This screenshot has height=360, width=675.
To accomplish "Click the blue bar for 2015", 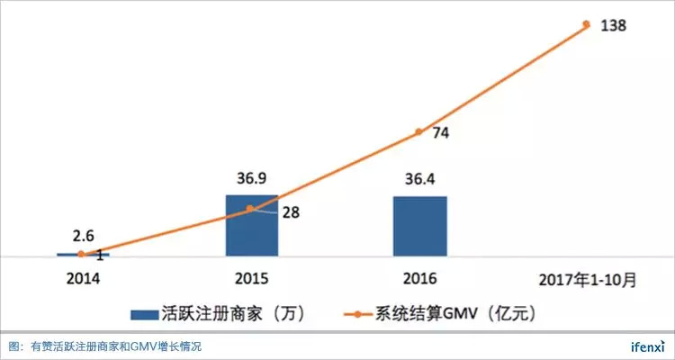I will pos(251,227).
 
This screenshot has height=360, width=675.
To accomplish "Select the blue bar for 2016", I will pos(419,227).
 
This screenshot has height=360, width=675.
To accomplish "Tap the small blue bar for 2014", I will pos(82,256).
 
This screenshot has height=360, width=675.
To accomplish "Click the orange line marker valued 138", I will pos(586,24).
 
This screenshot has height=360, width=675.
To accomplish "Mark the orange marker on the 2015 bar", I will pos(251,209).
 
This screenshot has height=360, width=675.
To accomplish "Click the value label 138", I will pos(614,25).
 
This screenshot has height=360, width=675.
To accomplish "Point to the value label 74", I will pos(441,133).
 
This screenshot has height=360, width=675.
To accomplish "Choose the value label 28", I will pos(292,213).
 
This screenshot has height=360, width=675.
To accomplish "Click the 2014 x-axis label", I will pos(83,280).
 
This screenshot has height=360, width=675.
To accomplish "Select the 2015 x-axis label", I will pos(251,280).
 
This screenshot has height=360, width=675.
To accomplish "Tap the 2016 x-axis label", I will pos(419,280).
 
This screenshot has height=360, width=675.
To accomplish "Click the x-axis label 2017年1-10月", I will pos(588,280).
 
